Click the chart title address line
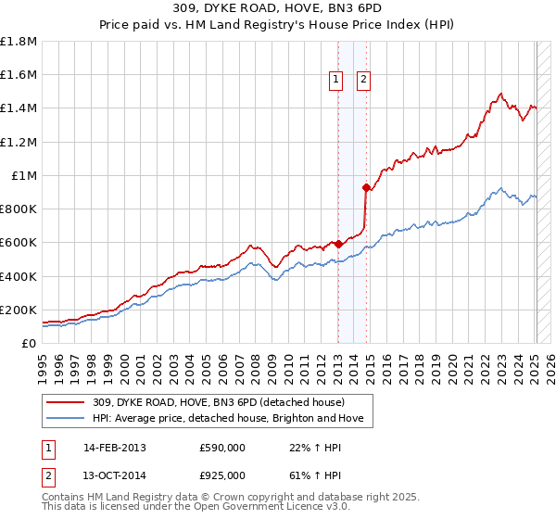click(278, 8)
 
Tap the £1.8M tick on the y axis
click(19, 42)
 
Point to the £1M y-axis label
click(23, 176)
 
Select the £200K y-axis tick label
click(19, 310)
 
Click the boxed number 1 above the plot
click(335, 81)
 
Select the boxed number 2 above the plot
click(362, 81)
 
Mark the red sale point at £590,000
click(338, 244)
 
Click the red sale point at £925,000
click(366, 188)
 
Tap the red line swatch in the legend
click(65, 402)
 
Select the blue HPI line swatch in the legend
click(65, 419)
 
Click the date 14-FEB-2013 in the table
click(115, 448)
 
